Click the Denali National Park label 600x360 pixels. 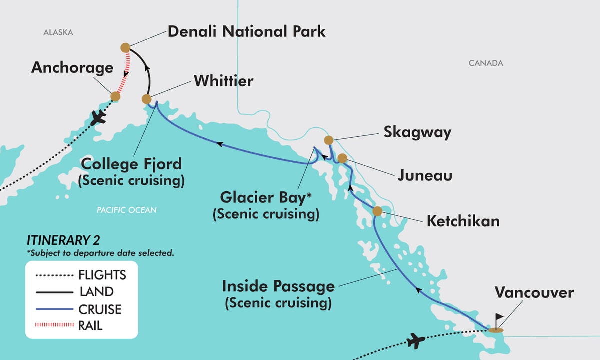[246, 32]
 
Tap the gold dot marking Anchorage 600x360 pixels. [115, 96]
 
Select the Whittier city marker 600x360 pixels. [146, 99]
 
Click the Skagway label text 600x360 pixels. [417, 132]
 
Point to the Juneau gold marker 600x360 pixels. [342, 158]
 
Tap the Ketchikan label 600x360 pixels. [463, 221]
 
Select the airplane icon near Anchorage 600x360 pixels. [100, 118]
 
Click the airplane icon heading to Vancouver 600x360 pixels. [416, 342]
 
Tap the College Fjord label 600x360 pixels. [131, 164]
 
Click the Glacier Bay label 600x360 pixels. [266, 198]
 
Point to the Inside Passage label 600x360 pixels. [278, 287]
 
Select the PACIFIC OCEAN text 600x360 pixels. [126, 210]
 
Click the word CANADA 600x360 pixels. [486, 63]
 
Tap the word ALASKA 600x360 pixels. [58, 33]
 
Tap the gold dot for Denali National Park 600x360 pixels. [125, 48]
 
